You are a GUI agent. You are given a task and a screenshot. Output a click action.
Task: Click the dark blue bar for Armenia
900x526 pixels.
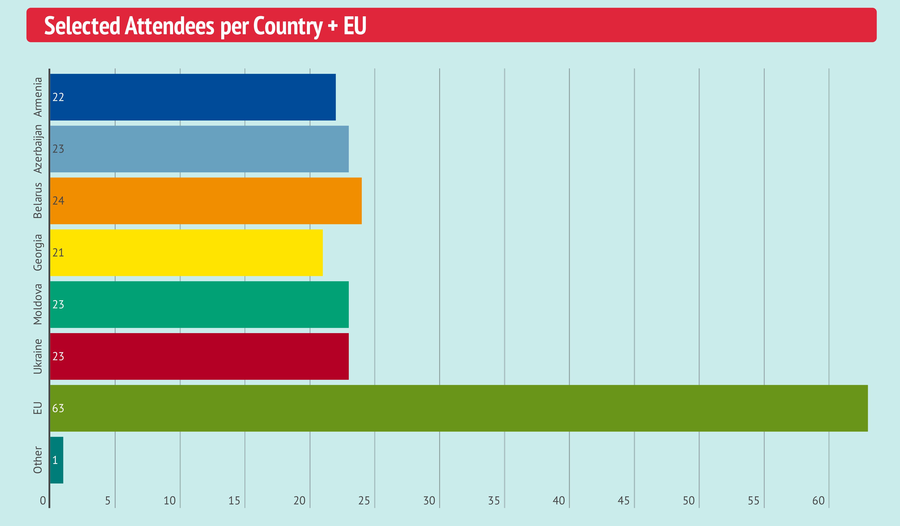point(193,97)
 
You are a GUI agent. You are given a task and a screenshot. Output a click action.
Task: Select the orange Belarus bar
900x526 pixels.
point(206,201)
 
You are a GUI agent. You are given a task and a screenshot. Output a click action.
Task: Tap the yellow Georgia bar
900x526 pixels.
point(186,253)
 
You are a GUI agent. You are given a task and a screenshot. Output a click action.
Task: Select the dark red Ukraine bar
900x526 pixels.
point(199,356)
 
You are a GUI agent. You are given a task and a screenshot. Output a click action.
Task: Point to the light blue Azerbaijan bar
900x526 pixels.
point(199,149)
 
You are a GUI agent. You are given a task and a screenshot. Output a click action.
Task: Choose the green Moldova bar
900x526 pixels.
point(199,305)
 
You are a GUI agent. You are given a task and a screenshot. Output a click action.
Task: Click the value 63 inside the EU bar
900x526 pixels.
point(58,408)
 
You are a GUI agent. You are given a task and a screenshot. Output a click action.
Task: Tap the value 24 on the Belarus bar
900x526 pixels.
point(58,201)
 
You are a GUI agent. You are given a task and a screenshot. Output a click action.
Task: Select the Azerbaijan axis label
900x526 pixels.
point(38,149)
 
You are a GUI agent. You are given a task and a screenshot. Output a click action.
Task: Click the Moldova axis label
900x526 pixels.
point(38,305)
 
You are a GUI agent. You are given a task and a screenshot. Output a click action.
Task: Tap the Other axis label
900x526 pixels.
point(38,460)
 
